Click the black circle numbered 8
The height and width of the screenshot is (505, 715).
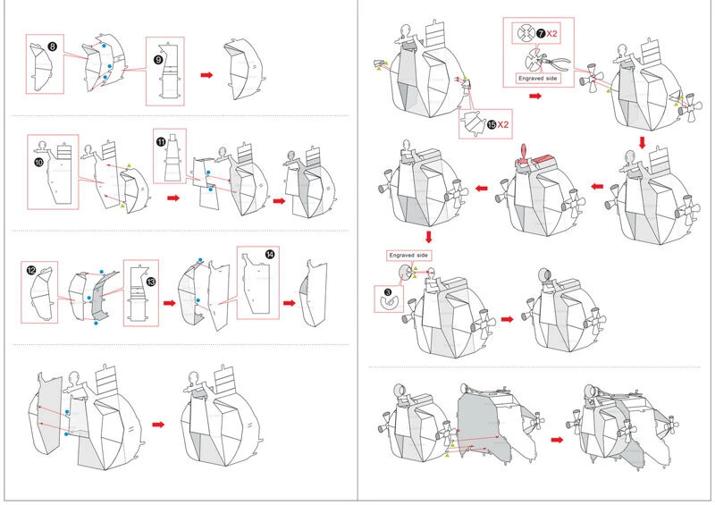pyautogui.click(x=53, y=45)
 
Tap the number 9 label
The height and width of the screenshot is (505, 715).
pyautogui.click(x=158, y=60)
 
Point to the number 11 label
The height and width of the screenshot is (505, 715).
pyautogui.click(x=161, y=140)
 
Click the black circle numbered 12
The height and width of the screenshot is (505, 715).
pyautogui.click(x=31, y=269)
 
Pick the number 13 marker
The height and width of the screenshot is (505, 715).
pyautogui.click(x=150, y=282)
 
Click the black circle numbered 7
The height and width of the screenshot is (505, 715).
pyautogui.click(x=541, y=33)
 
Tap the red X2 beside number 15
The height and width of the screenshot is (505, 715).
pyautogui.click(x=504, y=122)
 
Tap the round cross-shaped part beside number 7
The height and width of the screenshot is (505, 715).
pyautogui.click(x=524, y=34)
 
